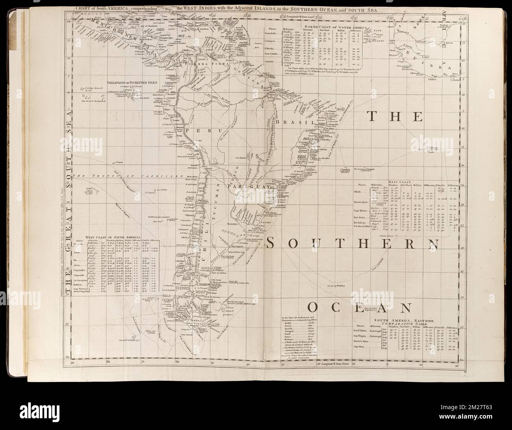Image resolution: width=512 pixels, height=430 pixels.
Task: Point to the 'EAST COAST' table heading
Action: point(399,182)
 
